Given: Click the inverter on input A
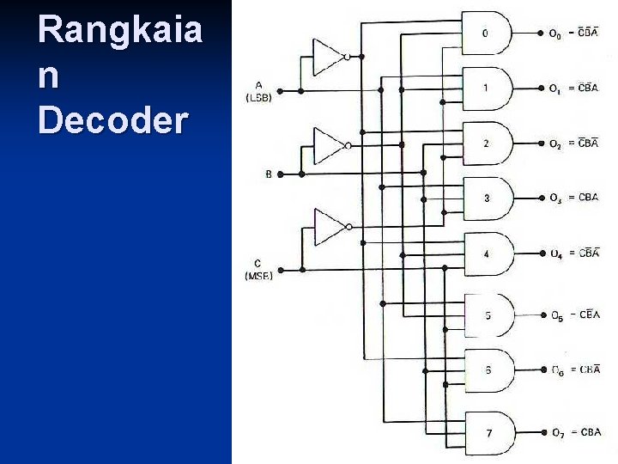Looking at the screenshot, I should click(329, 57).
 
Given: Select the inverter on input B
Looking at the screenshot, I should click(329, 145).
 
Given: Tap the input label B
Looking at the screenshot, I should click(269, 174).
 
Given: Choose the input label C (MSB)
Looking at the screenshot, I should click(258, 269).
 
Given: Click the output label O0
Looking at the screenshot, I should click(555, 35).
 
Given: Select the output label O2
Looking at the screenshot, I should click(555, 144).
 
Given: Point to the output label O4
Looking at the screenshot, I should click(556, 254).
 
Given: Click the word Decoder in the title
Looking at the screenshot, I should click(112, 120).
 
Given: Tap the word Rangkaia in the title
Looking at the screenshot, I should click(120, 32).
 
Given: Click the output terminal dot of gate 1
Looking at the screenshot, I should click(540, 89).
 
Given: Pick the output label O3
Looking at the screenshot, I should click(555, 199).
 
